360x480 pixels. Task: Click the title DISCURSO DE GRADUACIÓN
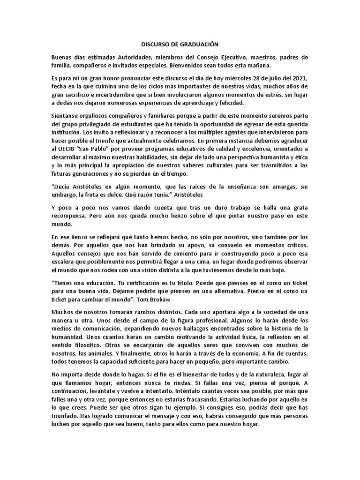180,44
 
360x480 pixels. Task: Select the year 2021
298,77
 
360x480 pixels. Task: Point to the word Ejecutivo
239,57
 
